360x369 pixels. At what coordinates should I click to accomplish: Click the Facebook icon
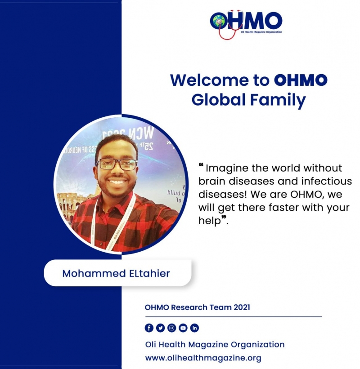coord(149,328)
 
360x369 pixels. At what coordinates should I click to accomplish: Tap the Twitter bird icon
coord(160,328)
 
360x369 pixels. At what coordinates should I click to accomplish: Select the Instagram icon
coord(172,328)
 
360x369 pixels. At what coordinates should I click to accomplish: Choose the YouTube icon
coord(183,328)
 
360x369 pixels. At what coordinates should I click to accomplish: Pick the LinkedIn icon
coord(194,328)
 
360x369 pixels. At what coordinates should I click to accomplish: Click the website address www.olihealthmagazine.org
coord(203,358)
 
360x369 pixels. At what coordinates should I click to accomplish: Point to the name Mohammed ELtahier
coord(116,273)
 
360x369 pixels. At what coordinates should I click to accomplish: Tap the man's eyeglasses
coord(117,164)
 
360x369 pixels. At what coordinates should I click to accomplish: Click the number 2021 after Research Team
coord(242,307)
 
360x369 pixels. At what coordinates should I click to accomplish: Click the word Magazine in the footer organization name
coord(208,345)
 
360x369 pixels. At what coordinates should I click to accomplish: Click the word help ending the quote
coord(210,221)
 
